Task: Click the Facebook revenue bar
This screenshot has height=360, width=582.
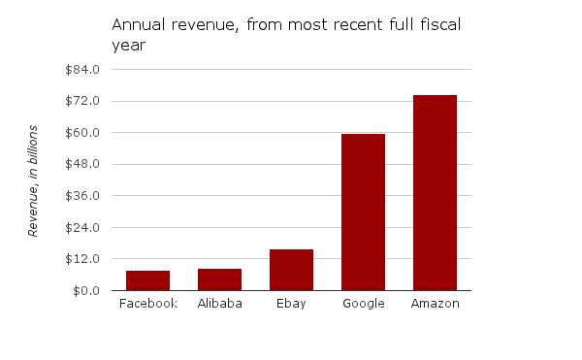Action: [147, 280]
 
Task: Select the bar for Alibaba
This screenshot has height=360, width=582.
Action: [219, 279]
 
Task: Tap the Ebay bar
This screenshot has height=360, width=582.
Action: [291, 270]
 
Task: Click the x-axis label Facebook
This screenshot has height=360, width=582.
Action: [147, 304]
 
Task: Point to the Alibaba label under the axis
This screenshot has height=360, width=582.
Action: [219, 304]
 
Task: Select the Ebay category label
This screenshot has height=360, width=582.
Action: [291, 304]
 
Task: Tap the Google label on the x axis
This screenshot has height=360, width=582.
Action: [363, 304]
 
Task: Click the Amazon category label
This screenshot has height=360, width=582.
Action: [435, 304]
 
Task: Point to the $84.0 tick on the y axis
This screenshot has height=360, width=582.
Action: [83, 70]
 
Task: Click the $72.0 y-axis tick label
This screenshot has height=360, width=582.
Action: [83, 101]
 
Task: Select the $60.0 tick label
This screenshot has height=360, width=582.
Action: [83, 133]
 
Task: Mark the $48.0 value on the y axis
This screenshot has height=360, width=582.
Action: [83, 164]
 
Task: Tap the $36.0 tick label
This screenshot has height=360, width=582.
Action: [83, 196]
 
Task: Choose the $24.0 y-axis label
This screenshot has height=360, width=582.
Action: [83, 228]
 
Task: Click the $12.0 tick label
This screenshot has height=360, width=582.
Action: [83, 259]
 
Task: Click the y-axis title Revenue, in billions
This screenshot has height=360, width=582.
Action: [33, 180]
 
